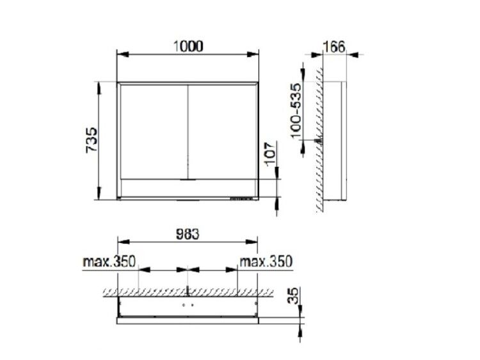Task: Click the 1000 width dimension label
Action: tap(188, 47)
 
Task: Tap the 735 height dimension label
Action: tap(92, 141)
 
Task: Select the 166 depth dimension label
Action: tap(334, 47)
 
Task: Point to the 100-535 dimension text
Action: tap(296, 111)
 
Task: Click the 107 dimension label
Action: tap(271, 155)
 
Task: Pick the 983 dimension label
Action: tap(188, 234)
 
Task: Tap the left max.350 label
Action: tap(109, 262)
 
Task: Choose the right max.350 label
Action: tap(266, 262)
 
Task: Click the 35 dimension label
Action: tap(294, 296)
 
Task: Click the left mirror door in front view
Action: tap(154, 132)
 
